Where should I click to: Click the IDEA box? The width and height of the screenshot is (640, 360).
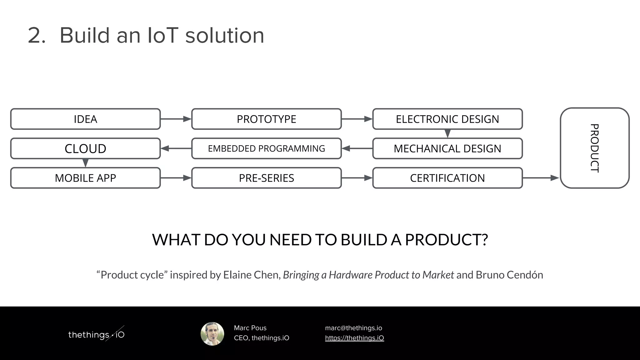85,119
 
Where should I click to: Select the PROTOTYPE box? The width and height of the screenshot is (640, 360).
266,119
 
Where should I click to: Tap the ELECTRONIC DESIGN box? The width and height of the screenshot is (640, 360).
447,119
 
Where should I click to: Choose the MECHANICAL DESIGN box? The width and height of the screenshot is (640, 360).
447,148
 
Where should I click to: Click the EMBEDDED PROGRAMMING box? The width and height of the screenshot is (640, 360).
266,148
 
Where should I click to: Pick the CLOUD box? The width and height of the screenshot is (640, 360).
85,148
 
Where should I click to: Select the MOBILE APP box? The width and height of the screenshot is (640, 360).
85,178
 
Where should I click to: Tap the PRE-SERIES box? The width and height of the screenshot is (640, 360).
266,178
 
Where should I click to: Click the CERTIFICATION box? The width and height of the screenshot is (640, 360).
447,178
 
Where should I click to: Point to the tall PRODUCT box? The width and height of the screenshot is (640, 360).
594,148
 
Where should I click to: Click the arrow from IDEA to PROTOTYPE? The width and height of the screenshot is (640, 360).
176,119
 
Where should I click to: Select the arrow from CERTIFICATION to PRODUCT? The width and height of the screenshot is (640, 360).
541,178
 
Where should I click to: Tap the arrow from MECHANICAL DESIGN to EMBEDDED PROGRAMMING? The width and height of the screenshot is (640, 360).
357,148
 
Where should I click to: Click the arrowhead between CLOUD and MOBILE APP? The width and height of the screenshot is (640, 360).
85,163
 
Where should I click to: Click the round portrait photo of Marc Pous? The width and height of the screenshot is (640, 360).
212,334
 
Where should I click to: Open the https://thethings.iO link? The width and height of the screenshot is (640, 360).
354,338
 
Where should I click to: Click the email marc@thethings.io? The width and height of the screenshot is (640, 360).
353,328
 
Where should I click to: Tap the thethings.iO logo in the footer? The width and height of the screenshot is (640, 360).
96,335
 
